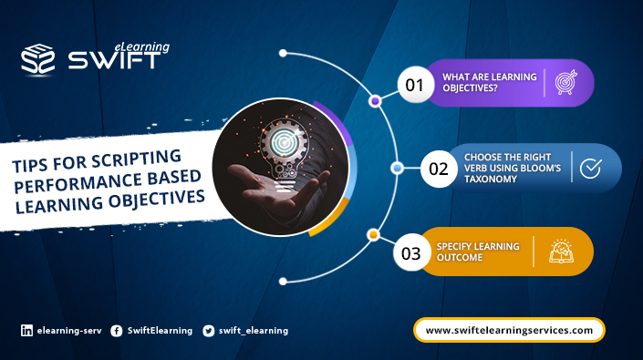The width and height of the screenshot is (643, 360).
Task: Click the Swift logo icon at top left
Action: click(x=39, y=59)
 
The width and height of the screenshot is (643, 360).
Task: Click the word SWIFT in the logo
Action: click(x=114, y=61)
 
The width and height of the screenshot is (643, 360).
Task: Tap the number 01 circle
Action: click(x=415, y=86)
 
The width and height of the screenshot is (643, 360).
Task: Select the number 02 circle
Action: click(x=438, y=169)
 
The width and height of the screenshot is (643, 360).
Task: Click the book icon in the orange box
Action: click(x=560, y=252)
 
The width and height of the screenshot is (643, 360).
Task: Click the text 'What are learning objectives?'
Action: click(x=489, y=83)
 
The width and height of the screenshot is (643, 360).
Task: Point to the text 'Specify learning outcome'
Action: click(x=478, y=252)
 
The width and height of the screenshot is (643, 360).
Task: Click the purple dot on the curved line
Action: click(x=375, y=101)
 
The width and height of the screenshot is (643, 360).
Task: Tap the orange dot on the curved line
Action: click(x=372, y=235)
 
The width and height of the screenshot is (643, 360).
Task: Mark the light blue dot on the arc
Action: click(x=397, y=168)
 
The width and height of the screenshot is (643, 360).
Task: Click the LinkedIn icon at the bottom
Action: click(x=26, y=331)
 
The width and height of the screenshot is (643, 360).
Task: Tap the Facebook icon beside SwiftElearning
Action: click(x=117, y=331)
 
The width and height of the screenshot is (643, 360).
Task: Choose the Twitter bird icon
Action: click(x=209, y=331)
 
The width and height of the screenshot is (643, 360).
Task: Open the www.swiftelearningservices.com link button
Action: click(x=509, y=330)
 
